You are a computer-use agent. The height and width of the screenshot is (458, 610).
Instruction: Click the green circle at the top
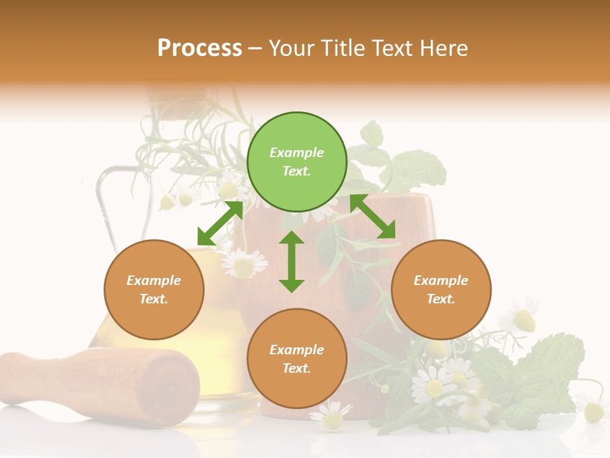297,162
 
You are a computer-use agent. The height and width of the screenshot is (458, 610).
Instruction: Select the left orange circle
154,289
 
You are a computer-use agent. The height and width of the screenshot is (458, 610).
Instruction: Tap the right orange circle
441,289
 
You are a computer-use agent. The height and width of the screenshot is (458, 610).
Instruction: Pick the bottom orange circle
297,359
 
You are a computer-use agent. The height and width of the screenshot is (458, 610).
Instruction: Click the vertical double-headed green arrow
292,261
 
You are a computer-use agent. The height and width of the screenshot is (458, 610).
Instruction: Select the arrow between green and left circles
220,223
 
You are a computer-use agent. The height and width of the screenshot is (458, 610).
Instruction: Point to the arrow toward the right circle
373,217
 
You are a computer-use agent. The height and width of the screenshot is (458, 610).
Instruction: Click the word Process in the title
200,48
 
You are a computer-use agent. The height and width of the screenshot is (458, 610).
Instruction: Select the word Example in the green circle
297,153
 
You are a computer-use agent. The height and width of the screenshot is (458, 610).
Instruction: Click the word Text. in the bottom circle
297,368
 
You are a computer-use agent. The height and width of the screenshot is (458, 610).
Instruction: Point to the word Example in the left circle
154,281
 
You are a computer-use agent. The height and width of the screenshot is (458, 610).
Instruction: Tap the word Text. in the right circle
441,299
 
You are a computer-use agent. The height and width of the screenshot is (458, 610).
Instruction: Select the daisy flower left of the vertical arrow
244,264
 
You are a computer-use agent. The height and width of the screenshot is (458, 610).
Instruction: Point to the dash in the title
255,48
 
